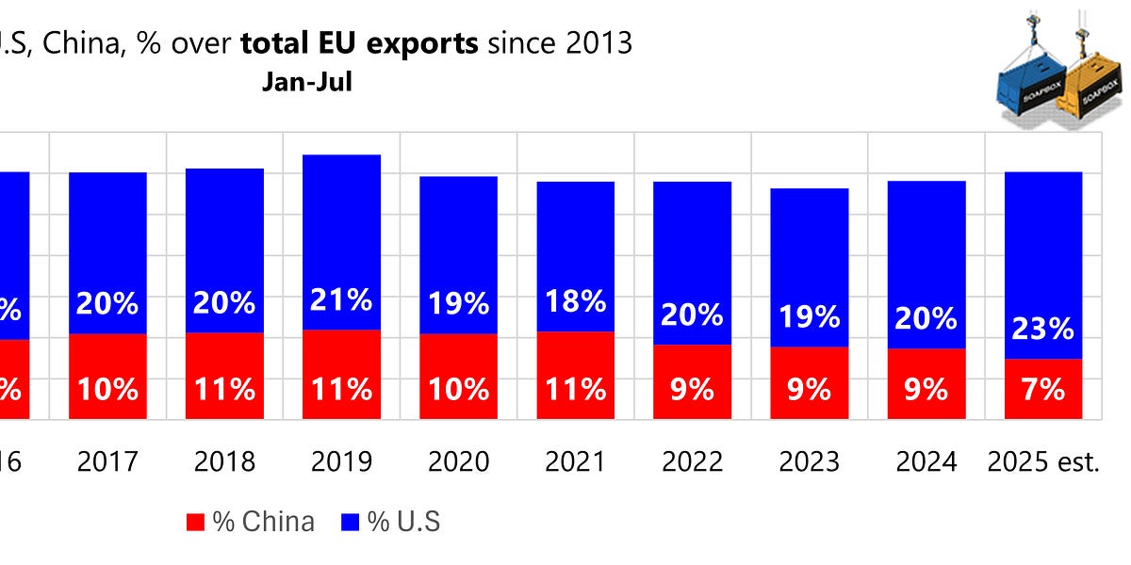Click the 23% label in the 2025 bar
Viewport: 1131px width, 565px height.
point(1043,329)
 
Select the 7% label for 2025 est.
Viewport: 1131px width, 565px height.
point(1043,388)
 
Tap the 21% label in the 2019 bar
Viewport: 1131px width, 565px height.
point(341,301)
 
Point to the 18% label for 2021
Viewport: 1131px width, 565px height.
point(575,303)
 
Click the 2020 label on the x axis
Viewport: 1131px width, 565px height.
point(459,461)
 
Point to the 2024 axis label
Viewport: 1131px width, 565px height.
point(926,461)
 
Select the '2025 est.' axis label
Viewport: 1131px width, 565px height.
point(1043,461)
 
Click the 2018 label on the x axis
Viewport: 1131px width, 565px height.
point(224,461)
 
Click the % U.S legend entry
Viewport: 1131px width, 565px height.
point(391,522)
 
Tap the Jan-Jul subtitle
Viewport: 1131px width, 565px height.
point(307,82)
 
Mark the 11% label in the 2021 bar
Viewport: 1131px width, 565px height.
point(575,388)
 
